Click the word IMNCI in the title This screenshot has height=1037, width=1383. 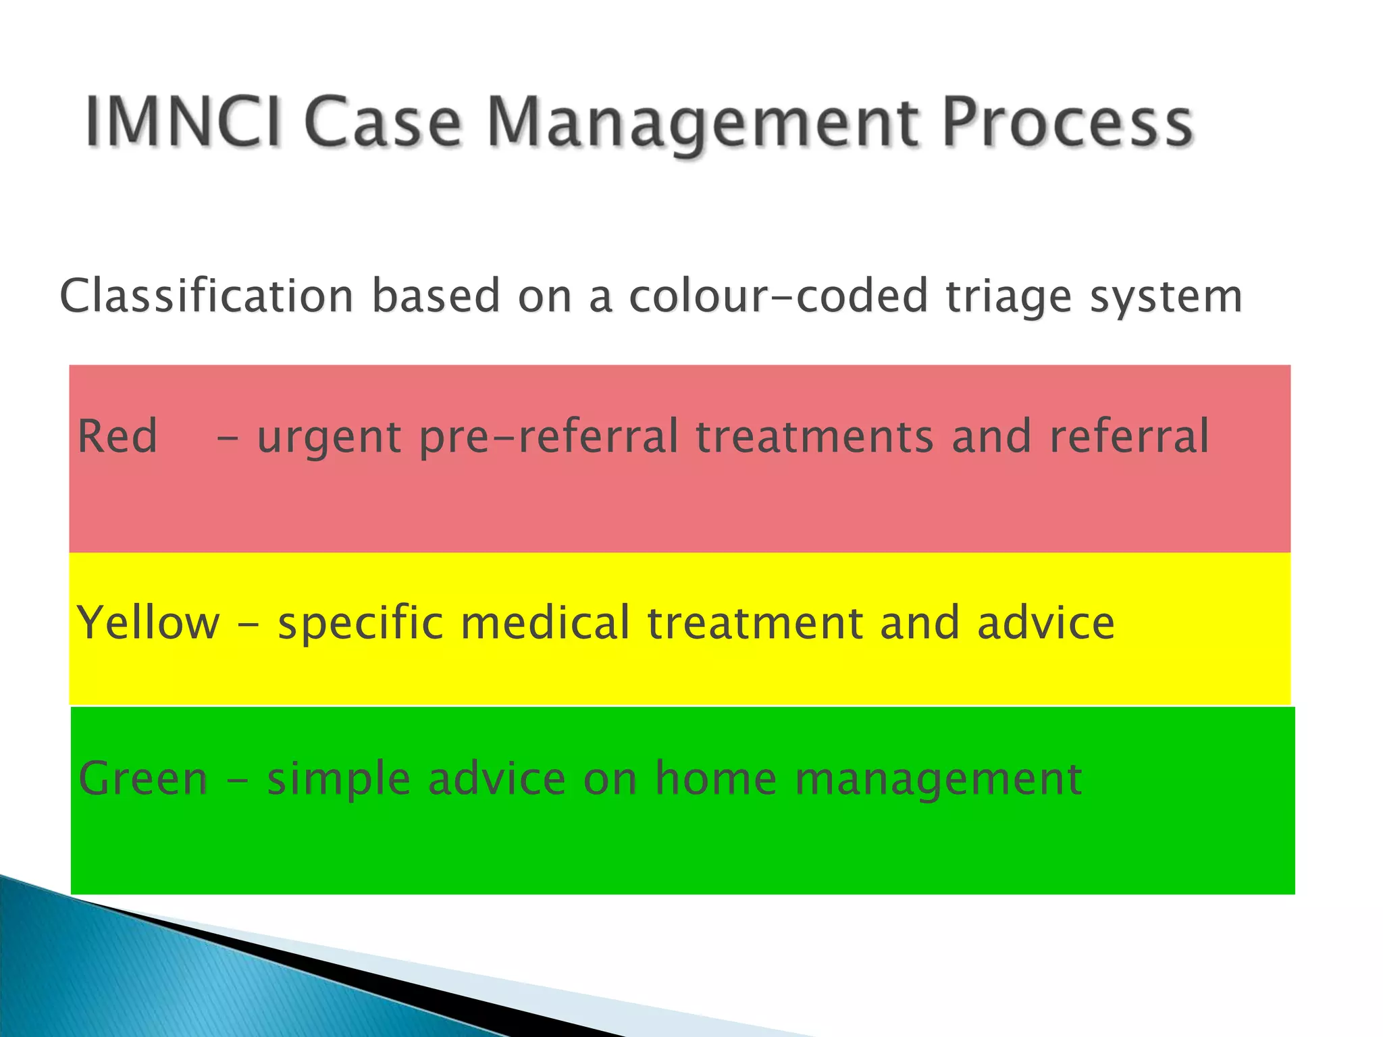[x=182, y=122]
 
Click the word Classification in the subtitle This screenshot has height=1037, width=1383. [x=207, y=296]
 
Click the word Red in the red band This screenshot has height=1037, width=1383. [x=118, y=436]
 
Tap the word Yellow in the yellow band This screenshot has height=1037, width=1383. [x=149, y=622]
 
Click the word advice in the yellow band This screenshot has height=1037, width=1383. [x=1045, y=622]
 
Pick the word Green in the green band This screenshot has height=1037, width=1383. [x=143, y=778]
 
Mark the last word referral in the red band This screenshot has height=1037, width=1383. [x=1128, y=436]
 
